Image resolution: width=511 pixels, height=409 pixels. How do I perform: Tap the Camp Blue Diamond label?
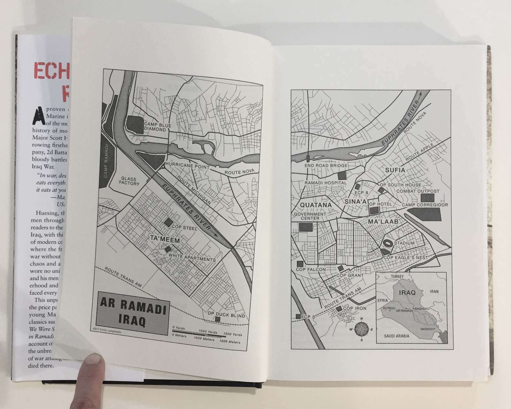pos(157,127)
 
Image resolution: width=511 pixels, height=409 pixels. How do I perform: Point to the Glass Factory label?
pos(129,181)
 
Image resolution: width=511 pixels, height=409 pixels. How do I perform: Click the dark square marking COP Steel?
pos(168,222)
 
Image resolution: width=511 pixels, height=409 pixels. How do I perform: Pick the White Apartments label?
pos(192,257)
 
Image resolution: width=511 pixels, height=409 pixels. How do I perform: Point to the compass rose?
pos(362,329)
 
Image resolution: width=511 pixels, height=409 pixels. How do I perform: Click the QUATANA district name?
pos(316,205)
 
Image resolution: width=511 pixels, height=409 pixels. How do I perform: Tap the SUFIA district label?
pos(395,170)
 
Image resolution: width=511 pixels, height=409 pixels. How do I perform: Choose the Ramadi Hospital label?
pos(325,183)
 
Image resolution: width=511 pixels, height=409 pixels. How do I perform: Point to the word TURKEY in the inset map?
pos(397,276)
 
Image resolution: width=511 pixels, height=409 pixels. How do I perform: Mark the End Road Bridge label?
pos(326,166)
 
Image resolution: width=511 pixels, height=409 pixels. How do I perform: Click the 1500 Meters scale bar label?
pos(230,342)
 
